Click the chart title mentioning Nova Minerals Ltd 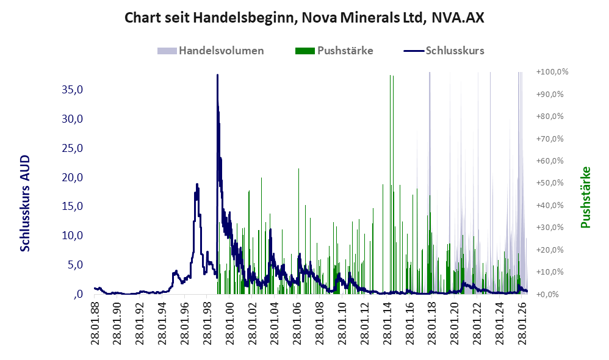(x=304, y=18)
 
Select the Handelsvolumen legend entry (x=211, y=51)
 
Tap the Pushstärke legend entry (x=334, y=51)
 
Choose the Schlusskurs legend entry (x=444, y=51)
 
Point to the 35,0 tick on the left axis (x=72, y=90)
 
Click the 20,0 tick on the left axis (x=72, y=178)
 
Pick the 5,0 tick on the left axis (x=75, y=265)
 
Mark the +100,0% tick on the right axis (x=552, y=72)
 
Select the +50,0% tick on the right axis (x=550, y=183)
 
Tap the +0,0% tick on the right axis (x=547, y=294)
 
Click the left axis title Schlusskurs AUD (x=25, y=203)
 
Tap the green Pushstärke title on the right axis (x=586, y=197)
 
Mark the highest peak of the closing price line (x=217, y=75)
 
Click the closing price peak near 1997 (x=197, y=184)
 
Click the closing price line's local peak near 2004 (x=270, y=229)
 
